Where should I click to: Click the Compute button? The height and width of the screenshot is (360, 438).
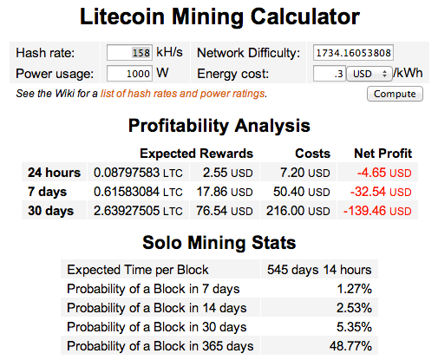tap(395, 94)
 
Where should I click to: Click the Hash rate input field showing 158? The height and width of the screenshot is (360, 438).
tap(129, 53)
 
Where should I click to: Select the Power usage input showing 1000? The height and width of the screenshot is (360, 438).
tap(129, 74)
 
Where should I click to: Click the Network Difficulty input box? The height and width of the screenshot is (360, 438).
tap(353, 53)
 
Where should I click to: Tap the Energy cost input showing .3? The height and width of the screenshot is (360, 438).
tap(330, 74)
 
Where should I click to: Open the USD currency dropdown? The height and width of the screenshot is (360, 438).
tap(369, 74)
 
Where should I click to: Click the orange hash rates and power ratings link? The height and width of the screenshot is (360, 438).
tap(183, 94)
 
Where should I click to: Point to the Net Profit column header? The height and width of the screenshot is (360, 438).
tap(382, 154)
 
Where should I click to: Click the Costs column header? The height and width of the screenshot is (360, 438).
tap(312, 154)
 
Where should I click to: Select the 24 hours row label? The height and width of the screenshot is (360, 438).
tap(54, 173)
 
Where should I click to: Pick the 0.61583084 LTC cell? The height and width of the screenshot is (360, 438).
tap(138, 192)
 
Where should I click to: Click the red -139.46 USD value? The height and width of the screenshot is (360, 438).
tap(377, 211)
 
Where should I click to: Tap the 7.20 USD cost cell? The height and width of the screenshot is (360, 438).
tap(305, 173)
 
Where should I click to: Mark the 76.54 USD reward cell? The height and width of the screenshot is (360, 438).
tap(225, 211)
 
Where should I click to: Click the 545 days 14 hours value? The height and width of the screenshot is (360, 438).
tap(319, 270)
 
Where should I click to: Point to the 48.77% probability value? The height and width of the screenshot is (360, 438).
tap(350, 346)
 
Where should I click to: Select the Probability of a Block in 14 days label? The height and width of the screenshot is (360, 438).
tap(157, 308)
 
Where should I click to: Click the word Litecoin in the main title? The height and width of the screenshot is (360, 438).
tap(122, 16)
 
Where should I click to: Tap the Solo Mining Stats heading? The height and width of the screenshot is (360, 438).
tap(219, 242)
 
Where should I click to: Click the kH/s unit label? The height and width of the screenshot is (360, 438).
tap(169, 52)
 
